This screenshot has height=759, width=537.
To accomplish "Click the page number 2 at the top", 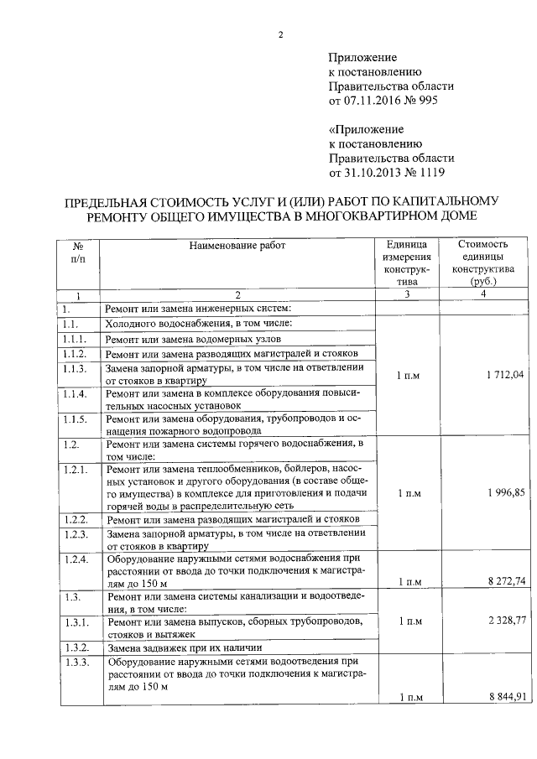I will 282,34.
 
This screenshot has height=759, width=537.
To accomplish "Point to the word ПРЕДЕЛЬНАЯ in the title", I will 113,201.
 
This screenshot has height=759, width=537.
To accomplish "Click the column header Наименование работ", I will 237,246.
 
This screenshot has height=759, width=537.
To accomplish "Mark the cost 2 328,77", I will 503,621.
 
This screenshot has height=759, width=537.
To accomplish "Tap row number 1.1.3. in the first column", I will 76,370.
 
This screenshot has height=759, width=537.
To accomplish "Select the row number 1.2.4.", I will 76,559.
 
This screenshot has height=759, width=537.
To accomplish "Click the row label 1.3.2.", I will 76,648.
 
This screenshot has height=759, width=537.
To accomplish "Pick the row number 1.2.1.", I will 76,470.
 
